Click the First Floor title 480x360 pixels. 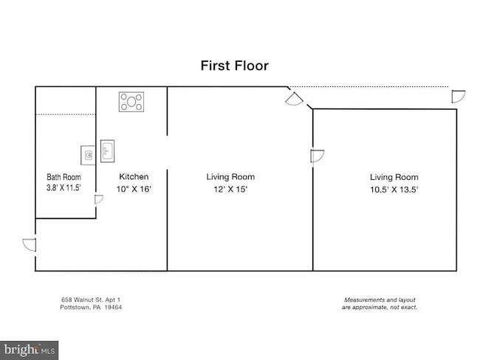235,66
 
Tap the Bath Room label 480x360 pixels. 64,177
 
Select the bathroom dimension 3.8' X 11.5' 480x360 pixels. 64,187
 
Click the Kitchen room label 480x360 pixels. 134,177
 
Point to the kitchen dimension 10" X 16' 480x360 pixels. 134,189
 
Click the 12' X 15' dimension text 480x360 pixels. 230,190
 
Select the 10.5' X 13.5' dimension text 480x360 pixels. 394,190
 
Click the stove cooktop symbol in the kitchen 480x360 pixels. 131,102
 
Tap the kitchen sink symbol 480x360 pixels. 108,151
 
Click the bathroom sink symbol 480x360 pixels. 88,155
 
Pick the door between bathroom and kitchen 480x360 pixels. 98,199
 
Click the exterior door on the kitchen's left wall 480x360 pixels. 30,245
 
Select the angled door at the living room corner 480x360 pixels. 294,100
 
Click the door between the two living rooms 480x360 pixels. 317,156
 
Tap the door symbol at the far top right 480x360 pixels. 459,97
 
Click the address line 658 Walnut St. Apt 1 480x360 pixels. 91,300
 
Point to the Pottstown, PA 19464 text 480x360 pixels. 91,307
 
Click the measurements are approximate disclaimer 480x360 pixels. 380,303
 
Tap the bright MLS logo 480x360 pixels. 29,350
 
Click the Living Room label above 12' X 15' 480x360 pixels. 230,177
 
